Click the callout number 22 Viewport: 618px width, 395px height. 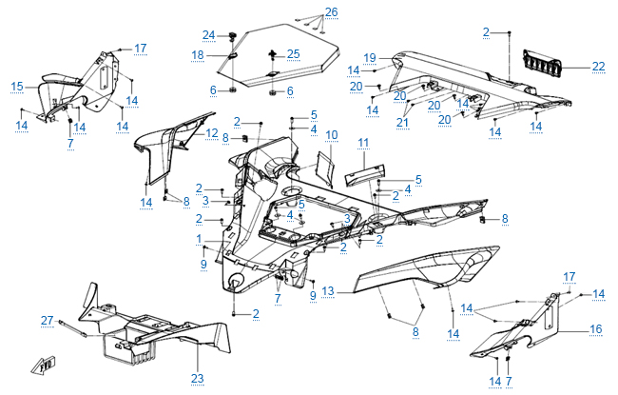(x=598, y=66)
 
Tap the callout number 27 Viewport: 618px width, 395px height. (x=47, y=321)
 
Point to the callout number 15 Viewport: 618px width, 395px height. (x=17, y=87)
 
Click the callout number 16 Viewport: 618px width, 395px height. (x=596, y=328)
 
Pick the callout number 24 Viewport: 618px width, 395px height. (x=208, y=35)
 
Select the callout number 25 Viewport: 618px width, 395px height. (x=293, y=53)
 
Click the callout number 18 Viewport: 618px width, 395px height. (x=198, y=55)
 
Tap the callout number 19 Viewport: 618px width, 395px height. (x=371, y=57)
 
